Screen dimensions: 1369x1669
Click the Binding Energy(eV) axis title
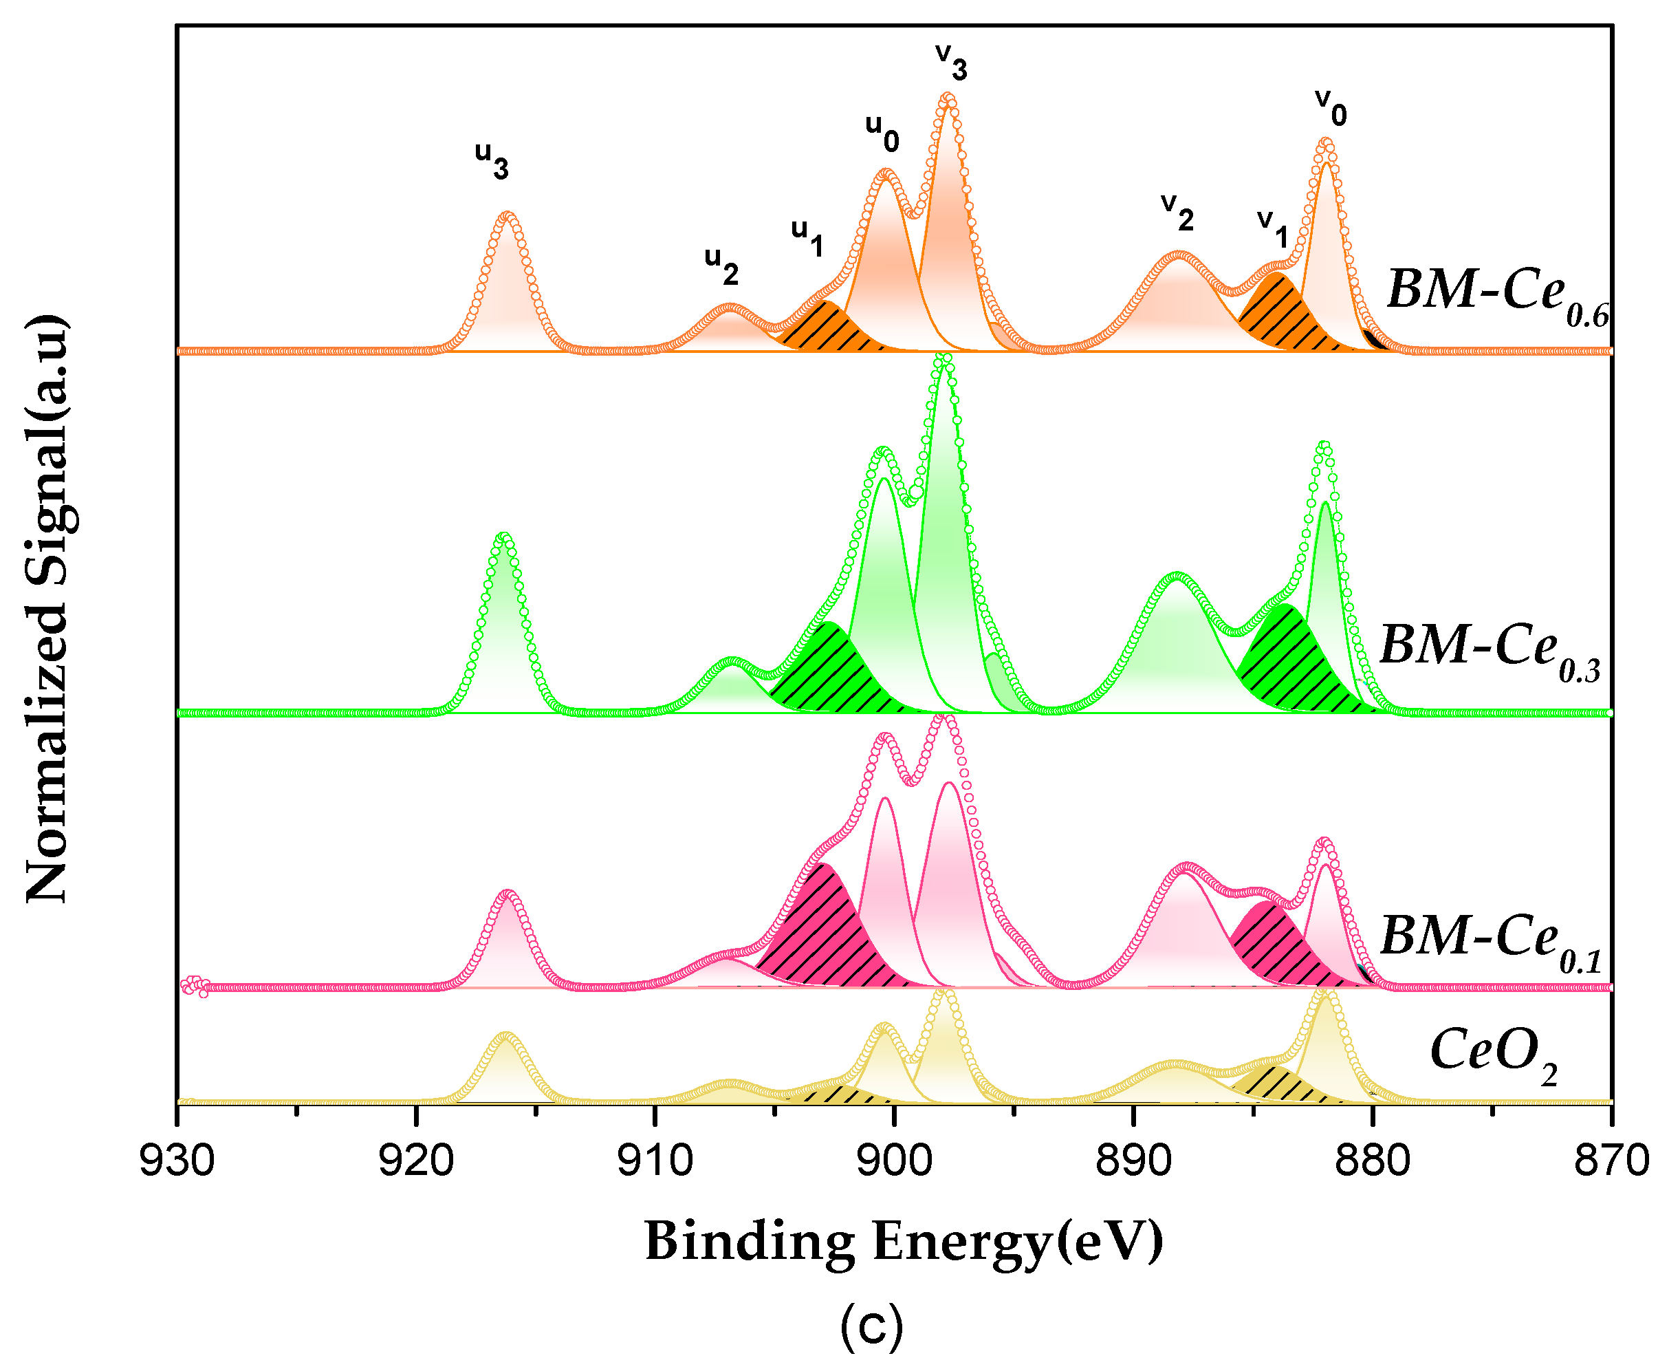click(x=904, y=1241)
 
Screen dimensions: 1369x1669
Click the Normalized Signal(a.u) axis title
click(x=47, y=608)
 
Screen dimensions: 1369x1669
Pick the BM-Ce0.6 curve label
click(x=1496, y=296)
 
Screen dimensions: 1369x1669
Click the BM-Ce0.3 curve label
click(x=1490, y=651)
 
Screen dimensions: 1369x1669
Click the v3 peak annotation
click(x=951, y=61)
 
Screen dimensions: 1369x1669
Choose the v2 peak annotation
click(x=1177, y=211)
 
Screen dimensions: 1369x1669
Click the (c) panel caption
click(x=871, y=1326)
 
